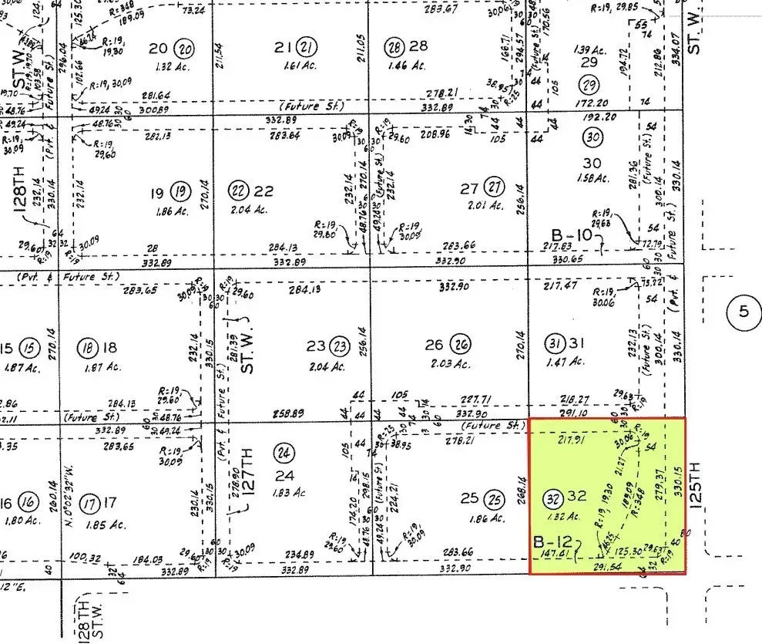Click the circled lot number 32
[x=552, y=496]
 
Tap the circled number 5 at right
[x=743, y=312]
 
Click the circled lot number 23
[x=341, y=346]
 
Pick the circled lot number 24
[x=286, y=453]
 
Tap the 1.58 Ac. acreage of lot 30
[x=592, y=178]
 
